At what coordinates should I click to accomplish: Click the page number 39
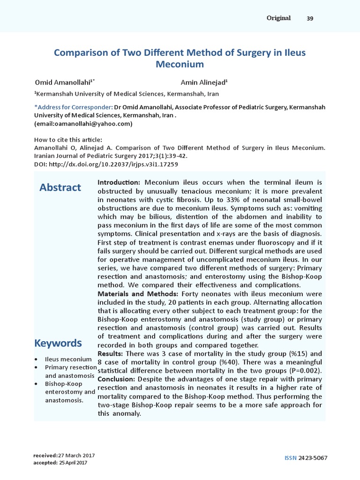click(310, 18)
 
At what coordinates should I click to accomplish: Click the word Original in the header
click(278, 18)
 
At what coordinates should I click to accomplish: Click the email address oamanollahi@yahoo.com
click(83, 124)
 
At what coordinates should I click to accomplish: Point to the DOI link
click(106, 165)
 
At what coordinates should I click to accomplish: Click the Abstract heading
click(60, 187)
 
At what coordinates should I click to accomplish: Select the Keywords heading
click(58, 343)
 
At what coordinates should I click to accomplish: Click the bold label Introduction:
click(119, 182)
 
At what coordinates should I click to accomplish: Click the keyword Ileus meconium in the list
click(68, 359)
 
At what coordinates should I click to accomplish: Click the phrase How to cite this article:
click(68, 139)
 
